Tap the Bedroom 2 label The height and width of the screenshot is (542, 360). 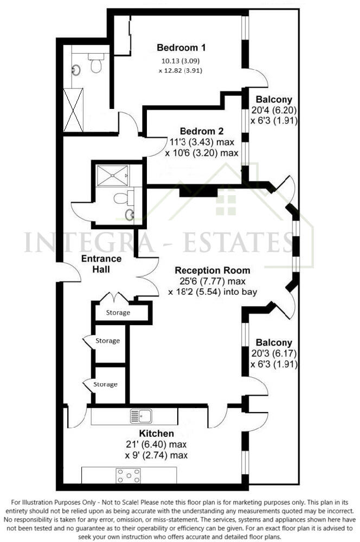(x=202, y=131)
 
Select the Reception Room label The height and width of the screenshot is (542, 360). (x=212, y=270)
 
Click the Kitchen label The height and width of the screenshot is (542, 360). (x=157, y=434)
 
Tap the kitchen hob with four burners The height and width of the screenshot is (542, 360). (x=128, y=475)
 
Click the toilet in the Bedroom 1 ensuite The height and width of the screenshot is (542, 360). (x=97, y=65)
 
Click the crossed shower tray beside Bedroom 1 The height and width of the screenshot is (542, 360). (x=73, y=110)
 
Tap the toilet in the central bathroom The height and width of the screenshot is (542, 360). (x=121, y=198)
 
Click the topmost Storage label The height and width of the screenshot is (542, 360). (x=118, y=313)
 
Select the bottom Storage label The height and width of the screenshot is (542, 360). (x=105, y=384)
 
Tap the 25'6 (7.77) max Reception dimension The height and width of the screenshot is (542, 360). (x=211, y=281)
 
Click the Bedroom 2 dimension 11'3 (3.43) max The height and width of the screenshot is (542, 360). (x=202, y=143)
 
